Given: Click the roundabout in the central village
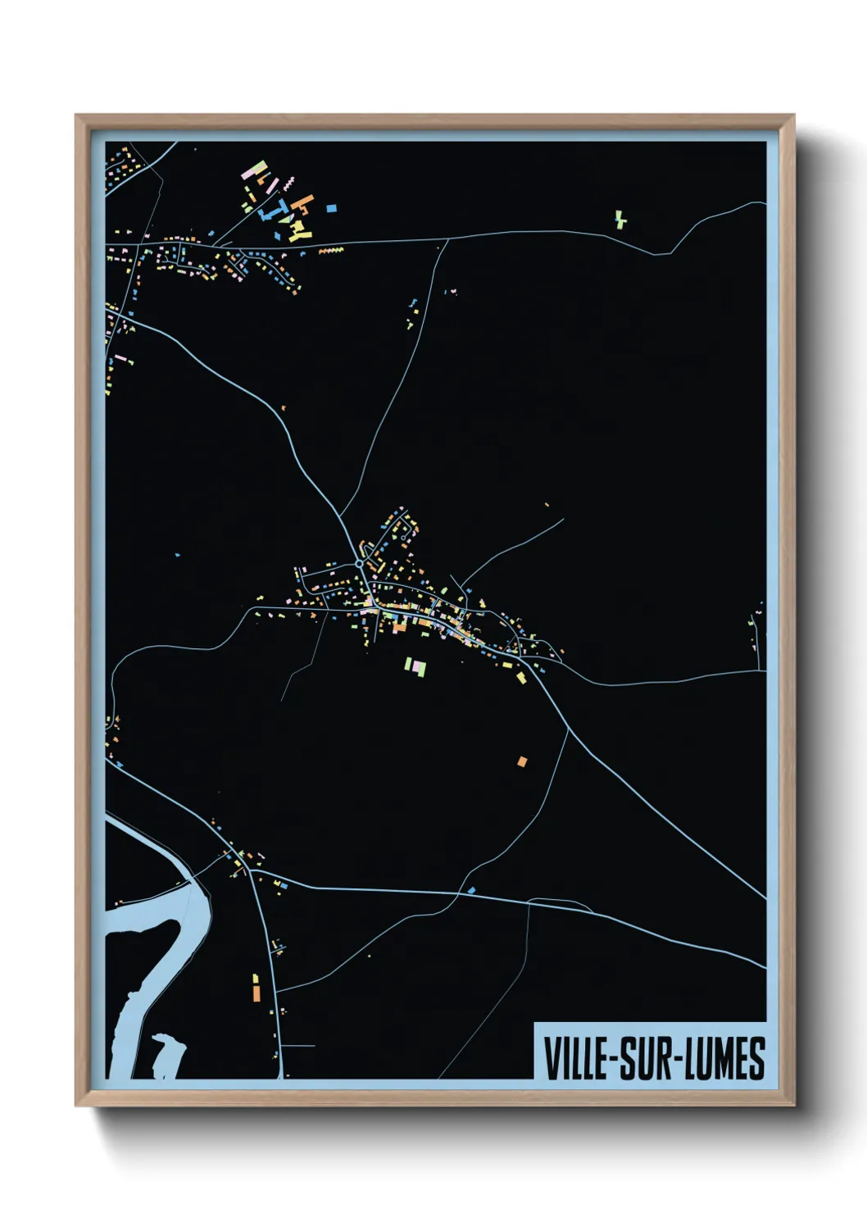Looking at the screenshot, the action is (359, 564).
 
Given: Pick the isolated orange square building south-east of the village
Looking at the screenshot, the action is (522, 761).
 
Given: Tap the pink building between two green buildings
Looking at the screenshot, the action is (416, 666).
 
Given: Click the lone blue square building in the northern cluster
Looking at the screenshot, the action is (331, 209).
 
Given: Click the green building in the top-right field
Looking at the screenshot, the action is (620, 220).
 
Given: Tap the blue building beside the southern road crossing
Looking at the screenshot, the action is (471, 889).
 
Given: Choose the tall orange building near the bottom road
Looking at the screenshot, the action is (256, 992).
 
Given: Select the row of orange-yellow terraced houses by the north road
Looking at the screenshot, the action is (330, 250).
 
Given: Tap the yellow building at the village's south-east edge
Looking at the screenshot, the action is (521, 677).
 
